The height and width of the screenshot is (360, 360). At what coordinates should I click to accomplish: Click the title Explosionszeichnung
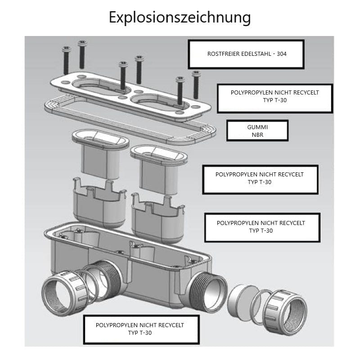pos(180,18)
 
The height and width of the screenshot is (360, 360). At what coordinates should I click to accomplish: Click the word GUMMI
pos(257,127)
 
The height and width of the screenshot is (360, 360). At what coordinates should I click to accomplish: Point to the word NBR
pos(257,134)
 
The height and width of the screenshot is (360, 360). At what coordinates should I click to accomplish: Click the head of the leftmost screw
pos(67,49)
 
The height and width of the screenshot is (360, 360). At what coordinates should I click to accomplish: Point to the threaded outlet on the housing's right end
pos(208,291)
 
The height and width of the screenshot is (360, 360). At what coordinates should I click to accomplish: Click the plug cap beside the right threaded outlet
pos(241,303)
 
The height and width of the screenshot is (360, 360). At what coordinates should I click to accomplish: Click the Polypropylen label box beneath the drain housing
pos(141,329)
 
